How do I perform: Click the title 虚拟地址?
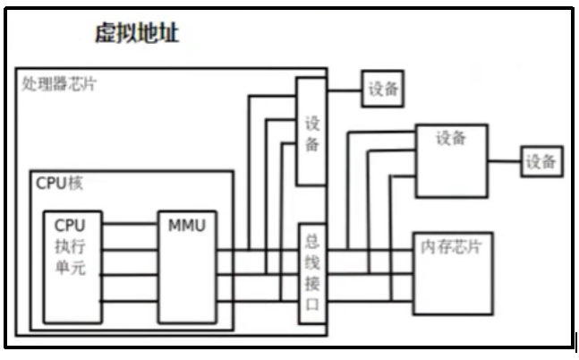pyautogui.click(x=137, y=34)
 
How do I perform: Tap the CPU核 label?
pyautogui.click(x=59, y=184)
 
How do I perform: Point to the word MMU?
pyautogui.click(x=186, y=225)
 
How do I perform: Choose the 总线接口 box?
pyautogui.click(x=311, y=273)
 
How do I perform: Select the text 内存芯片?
pyautogui.click(x=451, y=246)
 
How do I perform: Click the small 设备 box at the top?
pyautogui.click(x=382, y=89)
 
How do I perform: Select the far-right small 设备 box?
pyautogui.click(x=541, y=161)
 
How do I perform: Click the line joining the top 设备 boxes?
pyautogui.click(x=345, y=89)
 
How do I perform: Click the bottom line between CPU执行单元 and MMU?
pyautogui.click(x=130, y=300)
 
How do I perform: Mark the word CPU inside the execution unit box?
pyautogui.click(x=70, y=225)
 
